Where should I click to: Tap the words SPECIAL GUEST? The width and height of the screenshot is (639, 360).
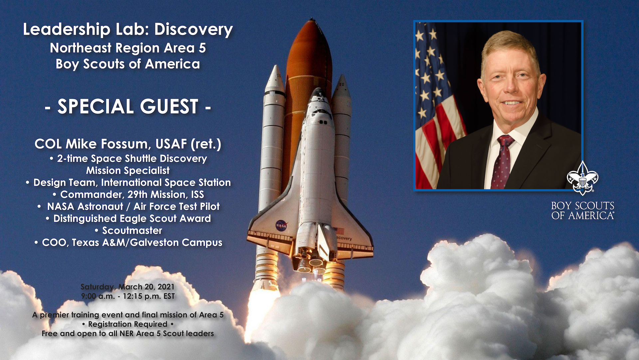pyautogui.click(x=128, y=107)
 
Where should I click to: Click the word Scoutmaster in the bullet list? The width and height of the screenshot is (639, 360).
pyautogui.click(x=132, y=230)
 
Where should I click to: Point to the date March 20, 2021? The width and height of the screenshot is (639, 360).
pyautogui.click(x=146, y=287)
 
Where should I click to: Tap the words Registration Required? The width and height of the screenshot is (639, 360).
pyautogui.click(x=128, y=324)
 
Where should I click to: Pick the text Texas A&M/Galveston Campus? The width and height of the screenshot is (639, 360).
pyautogui.click(x=147, y=242)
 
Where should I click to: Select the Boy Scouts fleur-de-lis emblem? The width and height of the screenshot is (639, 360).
pyautogui.click(x=582, y=178)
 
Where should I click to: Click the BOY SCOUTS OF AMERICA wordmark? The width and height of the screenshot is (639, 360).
pyautogui.click(x=582, y=211)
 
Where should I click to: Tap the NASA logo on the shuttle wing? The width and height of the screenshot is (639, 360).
pyautogui.click(x=281, y=225)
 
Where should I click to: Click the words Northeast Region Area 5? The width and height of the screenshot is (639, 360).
pyautogui.click(x=128, y=48)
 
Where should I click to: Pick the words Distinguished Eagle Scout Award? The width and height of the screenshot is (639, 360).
pyautogui.click(x=132, y=219)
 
